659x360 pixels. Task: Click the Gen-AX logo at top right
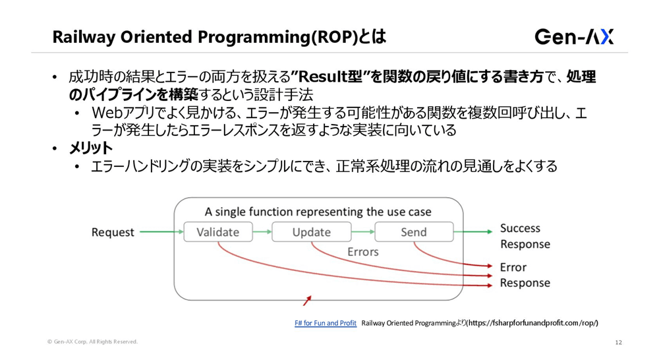[574, 36]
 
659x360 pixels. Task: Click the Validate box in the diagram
[217, 232]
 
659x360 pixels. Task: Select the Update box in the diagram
[312, 232]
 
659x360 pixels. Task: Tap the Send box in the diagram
[413, 232]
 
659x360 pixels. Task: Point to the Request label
[113, 232]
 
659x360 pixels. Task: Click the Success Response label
[525, 236]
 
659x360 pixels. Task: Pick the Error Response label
[525, 275]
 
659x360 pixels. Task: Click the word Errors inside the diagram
[362, 252]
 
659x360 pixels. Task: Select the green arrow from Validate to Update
[262, 232]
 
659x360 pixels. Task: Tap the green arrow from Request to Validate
[160, 232]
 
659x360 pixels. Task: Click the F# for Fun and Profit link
[326, 323]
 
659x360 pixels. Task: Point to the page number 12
[618, 342]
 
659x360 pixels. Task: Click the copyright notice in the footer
[92, 342]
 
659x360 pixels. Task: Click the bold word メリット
[91, 148]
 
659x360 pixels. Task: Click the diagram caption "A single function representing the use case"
[318, 212]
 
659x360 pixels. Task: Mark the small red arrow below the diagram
[306, 301]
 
